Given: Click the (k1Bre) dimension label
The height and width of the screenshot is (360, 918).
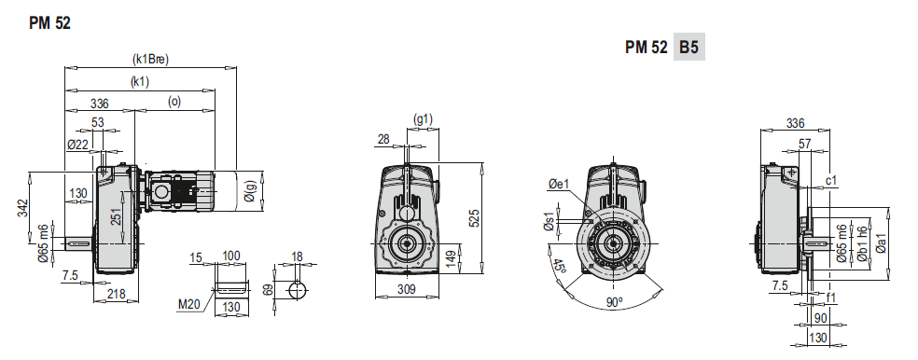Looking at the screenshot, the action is [150, 59].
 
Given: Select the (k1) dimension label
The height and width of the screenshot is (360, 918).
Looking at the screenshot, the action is [139, 82].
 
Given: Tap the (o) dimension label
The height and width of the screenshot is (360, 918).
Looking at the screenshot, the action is [174, 102].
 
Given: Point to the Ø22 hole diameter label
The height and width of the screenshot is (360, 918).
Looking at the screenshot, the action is [77, 145].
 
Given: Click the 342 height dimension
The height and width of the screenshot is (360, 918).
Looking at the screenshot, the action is [22, 208].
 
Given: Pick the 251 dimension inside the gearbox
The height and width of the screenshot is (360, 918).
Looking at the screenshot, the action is [115, 217].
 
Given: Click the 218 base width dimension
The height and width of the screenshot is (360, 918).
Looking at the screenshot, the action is [116, 294].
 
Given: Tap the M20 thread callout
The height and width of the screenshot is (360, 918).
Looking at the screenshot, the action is [189, 304].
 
